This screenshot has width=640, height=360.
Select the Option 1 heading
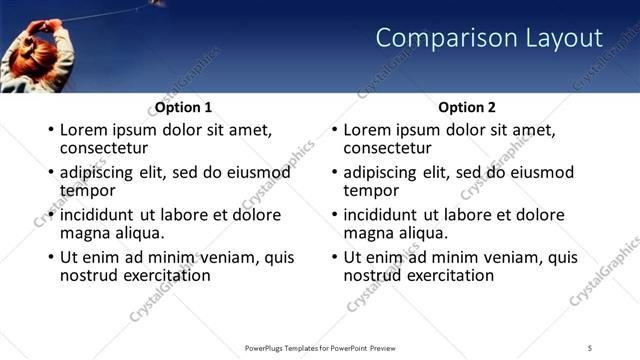(x=183, y=107)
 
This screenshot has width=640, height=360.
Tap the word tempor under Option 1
(x=88, y=190)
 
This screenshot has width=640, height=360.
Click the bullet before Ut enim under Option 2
(x=334, y=257)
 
